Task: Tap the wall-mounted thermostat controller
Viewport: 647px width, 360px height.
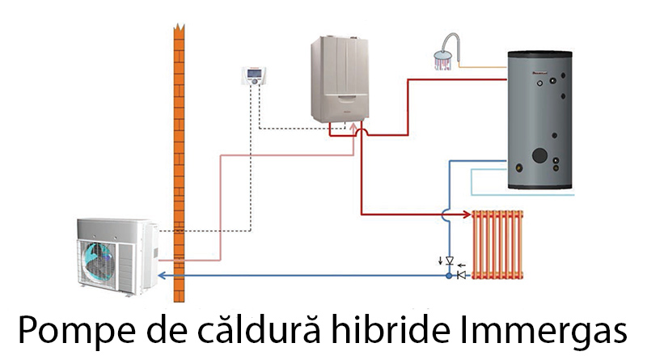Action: click(254, 75)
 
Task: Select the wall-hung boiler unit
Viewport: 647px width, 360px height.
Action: click(340, 79)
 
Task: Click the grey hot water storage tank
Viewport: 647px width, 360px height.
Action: click(539, 120)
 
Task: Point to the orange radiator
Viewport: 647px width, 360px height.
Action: click(497, 244)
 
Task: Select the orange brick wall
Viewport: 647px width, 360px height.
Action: click(179, 163)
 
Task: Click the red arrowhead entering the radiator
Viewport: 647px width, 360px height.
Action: click(467, 214)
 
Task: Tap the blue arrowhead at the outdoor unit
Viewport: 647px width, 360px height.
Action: click(163, 275)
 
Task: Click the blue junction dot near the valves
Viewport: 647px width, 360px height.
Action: click(449, 275)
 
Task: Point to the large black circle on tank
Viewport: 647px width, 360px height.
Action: click(539, 155)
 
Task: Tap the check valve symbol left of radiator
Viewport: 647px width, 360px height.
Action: click(462, 275)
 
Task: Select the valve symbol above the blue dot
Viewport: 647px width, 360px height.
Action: click(450, 261)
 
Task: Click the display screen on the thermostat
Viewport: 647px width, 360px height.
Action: click(254, 74)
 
